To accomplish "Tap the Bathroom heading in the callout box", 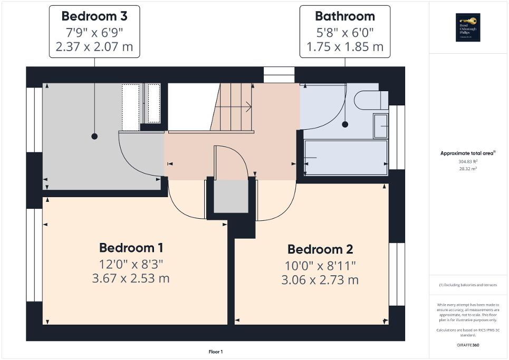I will [x=345, y=16].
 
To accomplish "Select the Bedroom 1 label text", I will [x=131, y=248].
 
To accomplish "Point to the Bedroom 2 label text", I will [x=320, y=249].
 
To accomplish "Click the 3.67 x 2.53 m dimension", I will [x=131, y=278].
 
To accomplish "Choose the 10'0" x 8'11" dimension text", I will [x=320, y=265].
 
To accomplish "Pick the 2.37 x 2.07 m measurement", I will [x=94, y=47].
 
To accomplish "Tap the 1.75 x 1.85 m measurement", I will [x=345, y=47].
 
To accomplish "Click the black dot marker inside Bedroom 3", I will [x=94, y=136].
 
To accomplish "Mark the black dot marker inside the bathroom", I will [x=345, y=125].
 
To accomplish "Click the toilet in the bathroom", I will [x=372, y=99].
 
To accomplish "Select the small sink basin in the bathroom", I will [x=381, y=124].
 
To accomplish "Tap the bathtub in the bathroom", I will [x=345, y=158].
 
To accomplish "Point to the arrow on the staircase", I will [x=248, y=107].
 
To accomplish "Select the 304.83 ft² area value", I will [x=468, y=162].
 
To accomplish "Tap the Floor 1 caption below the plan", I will [x=216, y=352].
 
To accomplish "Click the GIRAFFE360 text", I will [x=468, y=345].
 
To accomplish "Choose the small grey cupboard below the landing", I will [x=231, y=196].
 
